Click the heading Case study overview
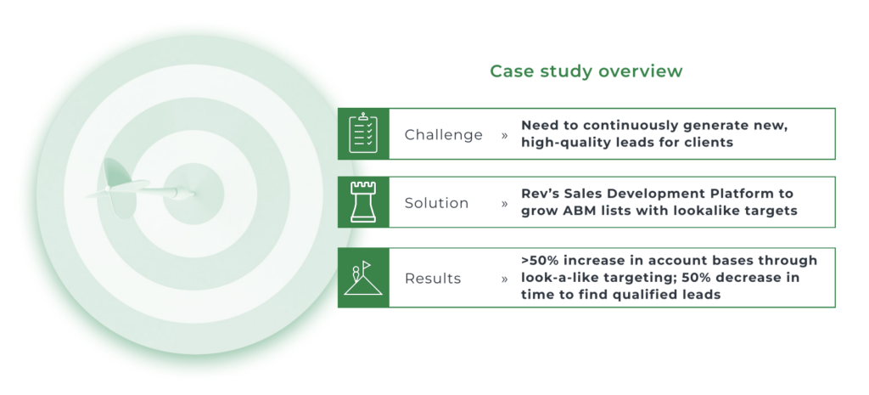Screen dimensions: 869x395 point(586,71)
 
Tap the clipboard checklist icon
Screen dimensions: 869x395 point(363,133)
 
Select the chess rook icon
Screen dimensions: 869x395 point(363,202)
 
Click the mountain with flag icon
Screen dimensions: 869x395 point(363,278)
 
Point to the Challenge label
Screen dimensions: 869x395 point(443,135)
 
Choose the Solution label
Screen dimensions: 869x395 point(436,203)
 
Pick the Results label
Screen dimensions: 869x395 point(432,279)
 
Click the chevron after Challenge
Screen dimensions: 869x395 point(504,135)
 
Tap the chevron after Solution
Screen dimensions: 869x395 point(504,204)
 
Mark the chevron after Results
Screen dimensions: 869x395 point(504,279)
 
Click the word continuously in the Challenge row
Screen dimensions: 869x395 point(620,126)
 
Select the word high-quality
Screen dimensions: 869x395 point(562,143)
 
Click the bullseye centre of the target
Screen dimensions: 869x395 point(193,195)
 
